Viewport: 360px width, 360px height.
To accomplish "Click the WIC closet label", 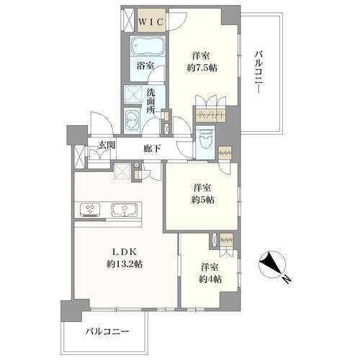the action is click(151, 22).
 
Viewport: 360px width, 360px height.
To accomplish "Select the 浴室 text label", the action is click(145, 66).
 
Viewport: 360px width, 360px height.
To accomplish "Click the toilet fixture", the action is click(204, 138).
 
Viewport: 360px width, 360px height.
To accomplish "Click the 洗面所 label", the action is click(151, 102).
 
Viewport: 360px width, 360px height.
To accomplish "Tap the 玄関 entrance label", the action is click(107, 145).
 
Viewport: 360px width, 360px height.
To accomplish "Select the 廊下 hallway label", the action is click(152, 149).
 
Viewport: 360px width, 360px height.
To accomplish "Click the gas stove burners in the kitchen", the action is click(90, 209).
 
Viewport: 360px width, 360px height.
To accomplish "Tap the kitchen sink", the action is click(125, 210).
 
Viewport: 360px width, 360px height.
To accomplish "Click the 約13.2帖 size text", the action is click(125, 264).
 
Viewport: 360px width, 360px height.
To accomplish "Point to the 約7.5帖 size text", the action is click(202, 68).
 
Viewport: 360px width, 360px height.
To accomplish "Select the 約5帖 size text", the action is click(203, 199).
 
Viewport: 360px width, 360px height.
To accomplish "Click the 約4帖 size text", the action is click(210, 279).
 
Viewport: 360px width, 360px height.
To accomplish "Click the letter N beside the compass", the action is click(287, 279).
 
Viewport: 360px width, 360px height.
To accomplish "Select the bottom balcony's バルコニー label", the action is click(107, 332).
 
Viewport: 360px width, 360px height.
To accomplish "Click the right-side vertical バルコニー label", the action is click(258, 72).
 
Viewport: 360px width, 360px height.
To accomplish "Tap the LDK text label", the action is click(125, 252).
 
